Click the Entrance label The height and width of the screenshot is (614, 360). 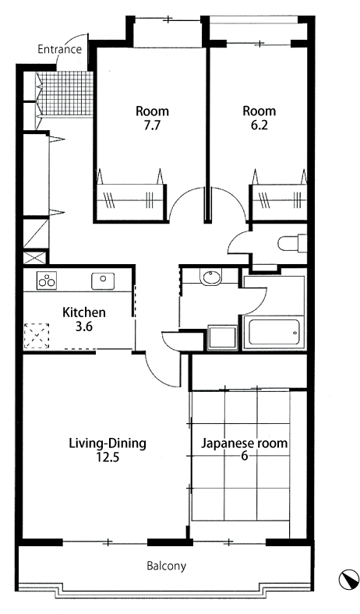point(59,49)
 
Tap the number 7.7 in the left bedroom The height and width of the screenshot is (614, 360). point(152,126)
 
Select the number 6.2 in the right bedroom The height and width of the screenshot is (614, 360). point(259,126)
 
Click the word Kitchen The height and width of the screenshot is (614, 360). point(84,312)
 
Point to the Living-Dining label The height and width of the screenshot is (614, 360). point(108,443)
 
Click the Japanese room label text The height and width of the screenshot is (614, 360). point(244,443)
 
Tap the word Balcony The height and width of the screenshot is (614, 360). point(167,566)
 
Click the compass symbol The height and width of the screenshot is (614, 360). point(348,580)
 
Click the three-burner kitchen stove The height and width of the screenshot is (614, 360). point(47,281)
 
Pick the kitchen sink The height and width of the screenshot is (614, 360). point(103,281)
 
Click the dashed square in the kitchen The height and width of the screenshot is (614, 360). point(37,336)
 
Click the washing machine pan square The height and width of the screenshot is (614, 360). point(223,337)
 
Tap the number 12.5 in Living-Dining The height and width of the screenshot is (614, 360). point(108,457)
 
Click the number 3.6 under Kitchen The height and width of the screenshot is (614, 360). point(84,326)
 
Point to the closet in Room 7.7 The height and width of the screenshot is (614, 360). point(130,202)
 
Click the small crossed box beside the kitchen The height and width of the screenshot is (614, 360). point(34,258)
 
